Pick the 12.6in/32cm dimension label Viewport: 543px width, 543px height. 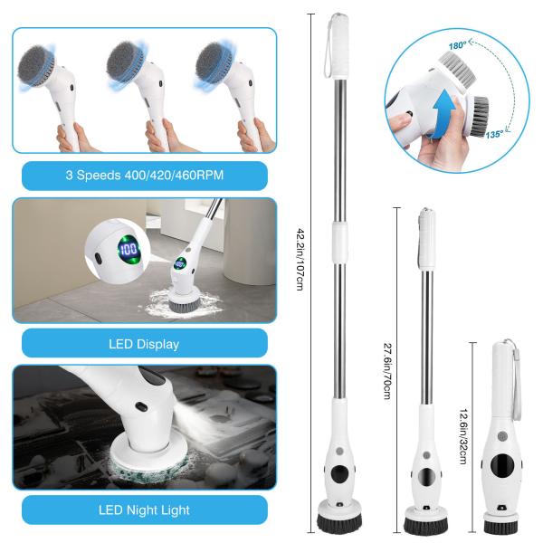tap(464, 434)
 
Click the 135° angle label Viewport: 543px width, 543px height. tap(494, 134)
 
